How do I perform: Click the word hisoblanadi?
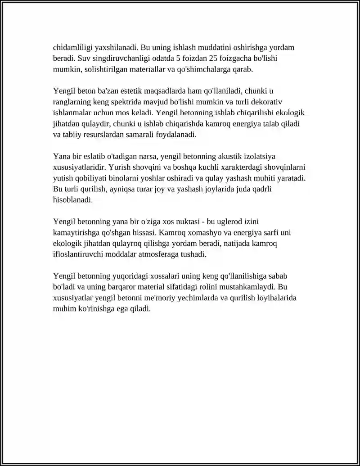pyautogui.click(x=73, y=200)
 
